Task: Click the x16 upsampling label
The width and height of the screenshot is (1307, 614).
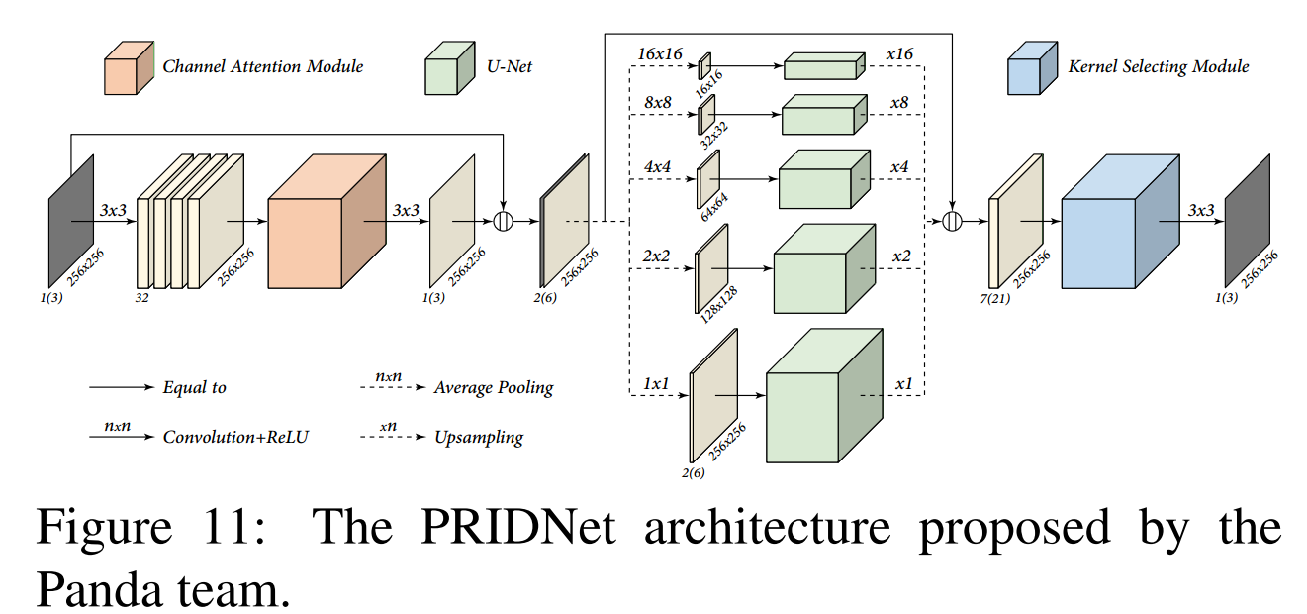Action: point(899,53)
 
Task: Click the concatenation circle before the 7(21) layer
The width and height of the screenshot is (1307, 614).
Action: point(953,221)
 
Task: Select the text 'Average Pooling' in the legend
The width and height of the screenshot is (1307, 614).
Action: point(493,387)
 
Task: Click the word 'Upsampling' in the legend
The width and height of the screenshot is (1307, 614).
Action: point(478,437)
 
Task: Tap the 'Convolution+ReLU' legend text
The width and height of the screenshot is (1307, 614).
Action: point(235,437)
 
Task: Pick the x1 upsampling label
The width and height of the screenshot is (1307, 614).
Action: point(903,382)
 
